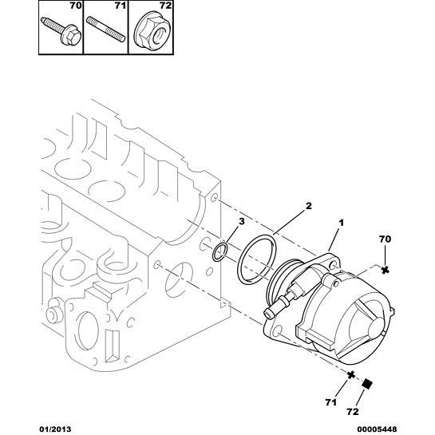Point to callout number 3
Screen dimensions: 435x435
point(243,222)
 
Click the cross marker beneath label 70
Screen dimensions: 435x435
point(385,270)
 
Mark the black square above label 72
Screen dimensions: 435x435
point(369,383)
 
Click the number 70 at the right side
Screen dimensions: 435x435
point(385,239)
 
